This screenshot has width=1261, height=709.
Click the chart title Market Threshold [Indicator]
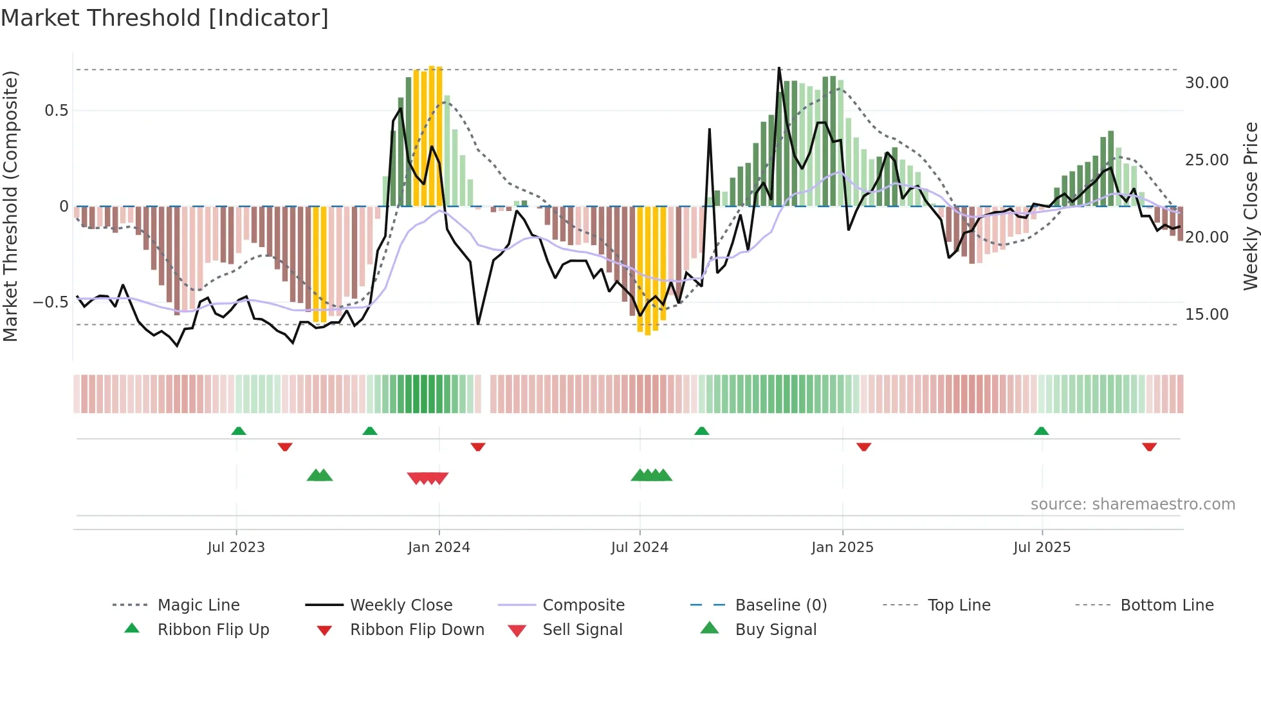(x=165, y=18)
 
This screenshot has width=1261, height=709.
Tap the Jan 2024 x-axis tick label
(x=439, y=548)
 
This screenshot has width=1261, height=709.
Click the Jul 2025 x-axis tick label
(x=1042, y=548)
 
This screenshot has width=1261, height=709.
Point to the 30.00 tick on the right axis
(x=1206, y=83)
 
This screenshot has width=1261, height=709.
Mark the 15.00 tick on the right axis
(x=1206, y=315)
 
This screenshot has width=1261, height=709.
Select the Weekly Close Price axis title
(x=1250, y=206)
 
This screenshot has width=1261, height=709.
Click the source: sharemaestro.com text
(x=1132, y=504)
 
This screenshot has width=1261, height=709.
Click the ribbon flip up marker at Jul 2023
(x=239, y=431)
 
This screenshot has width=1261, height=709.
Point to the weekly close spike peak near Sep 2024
(x=709, y=129)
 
